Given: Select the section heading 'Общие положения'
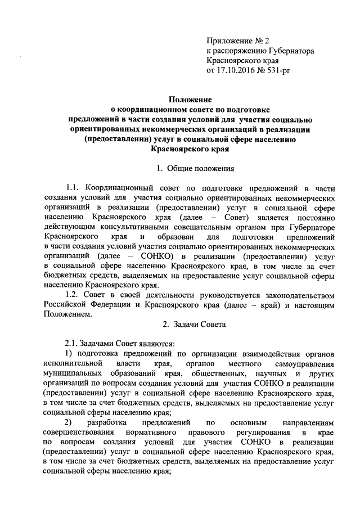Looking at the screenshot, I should [x=196, y=168].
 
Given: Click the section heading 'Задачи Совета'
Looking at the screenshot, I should [x=196, y=325].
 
